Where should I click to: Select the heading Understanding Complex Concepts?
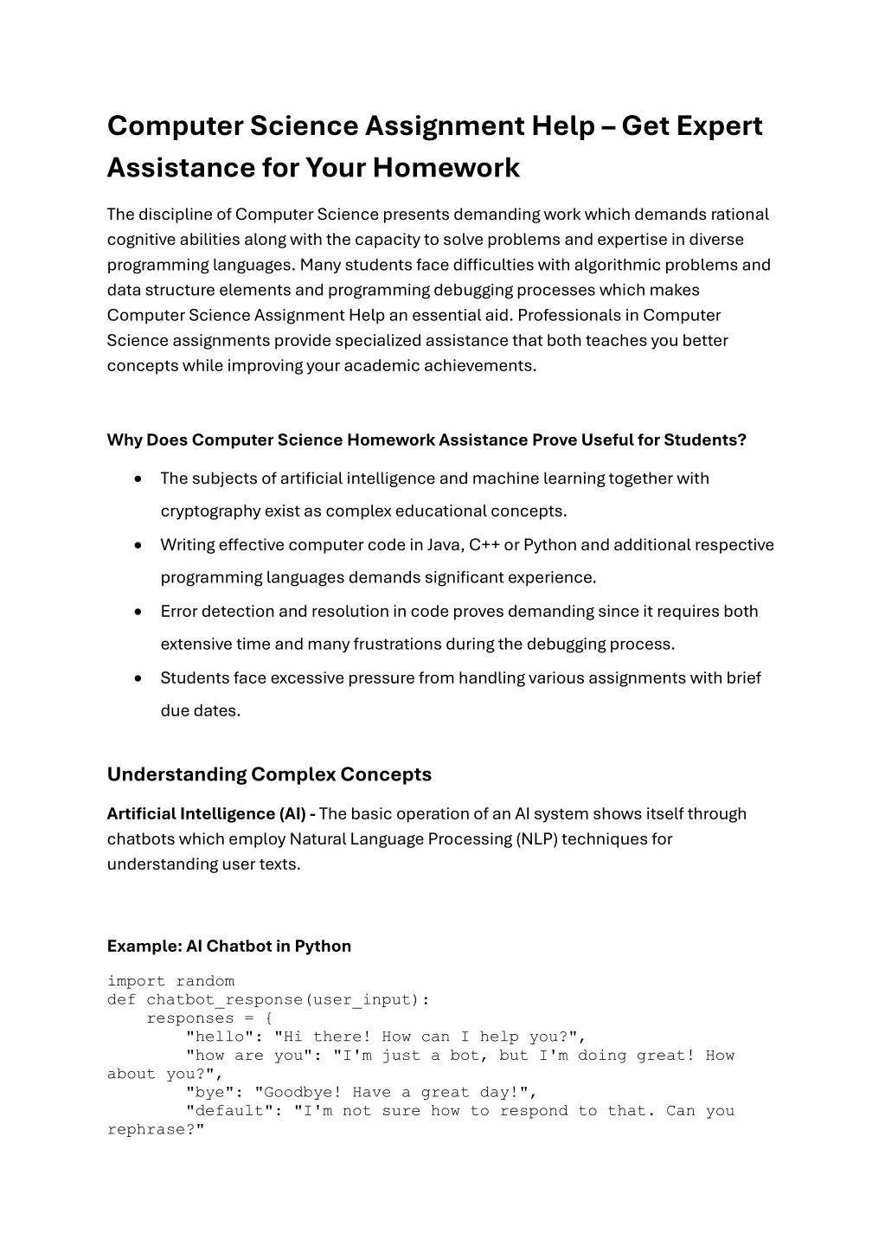point(269,774)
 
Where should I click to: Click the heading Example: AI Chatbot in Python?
point(228,947)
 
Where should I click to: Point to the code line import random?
point(170,981)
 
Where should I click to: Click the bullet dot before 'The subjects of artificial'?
point(138,479)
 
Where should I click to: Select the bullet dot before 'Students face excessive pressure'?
point(138,679)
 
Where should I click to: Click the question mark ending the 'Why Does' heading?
point(742,440)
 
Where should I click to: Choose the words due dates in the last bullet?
point(200,711)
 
